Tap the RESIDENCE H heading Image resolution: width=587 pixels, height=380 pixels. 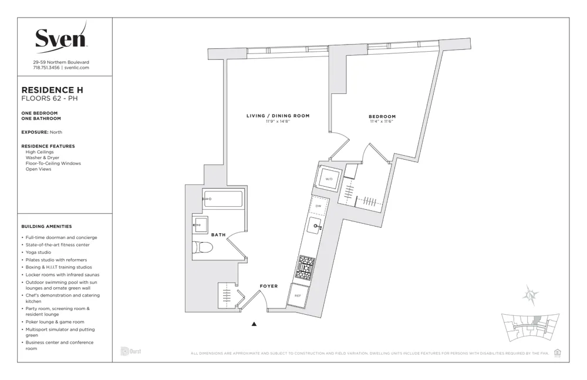(52, 90)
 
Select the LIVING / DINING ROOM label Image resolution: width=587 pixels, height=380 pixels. (278, 116)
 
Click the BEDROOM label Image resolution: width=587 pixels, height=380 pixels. (382, 116)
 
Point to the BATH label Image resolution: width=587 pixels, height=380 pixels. (218, 235)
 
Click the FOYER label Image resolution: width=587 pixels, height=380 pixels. (269, 286)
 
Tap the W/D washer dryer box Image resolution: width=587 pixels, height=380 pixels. (329, 179)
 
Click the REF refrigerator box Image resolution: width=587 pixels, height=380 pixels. (298, 296)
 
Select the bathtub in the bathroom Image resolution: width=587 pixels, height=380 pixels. (223, 199)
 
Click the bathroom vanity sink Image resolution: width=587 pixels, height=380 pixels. (200, 224)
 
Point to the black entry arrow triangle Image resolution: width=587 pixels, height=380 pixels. (254, 324)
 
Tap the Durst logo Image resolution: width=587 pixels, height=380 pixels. (130, 352)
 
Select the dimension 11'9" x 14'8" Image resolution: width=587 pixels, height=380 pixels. (278, 122)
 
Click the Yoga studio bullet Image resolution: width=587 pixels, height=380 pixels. (39, 253)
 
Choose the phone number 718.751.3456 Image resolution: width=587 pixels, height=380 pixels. (47, 68)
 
